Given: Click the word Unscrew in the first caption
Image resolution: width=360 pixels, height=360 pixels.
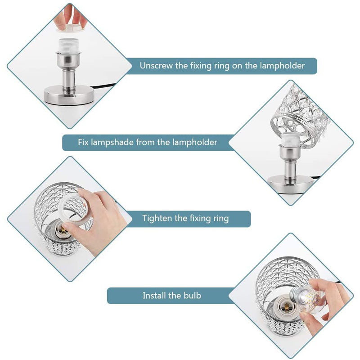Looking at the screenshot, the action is tap(156, 66).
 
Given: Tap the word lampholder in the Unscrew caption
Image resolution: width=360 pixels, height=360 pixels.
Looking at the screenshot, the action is tap(282, 66).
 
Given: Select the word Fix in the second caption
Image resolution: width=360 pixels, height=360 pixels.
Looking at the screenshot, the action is tap(83, 142).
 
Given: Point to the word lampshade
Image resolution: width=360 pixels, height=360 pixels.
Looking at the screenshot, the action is tap(112, 143).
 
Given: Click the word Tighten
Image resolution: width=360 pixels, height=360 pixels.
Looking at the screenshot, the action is tap(157, 218).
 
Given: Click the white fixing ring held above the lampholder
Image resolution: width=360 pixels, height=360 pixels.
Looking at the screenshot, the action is tap(70, 28).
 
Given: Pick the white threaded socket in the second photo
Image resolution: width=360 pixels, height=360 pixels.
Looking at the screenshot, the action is tap(290, 139).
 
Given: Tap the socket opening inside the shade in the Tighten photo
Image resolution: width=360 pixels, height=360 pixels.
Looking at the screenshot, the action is tap(61, 229).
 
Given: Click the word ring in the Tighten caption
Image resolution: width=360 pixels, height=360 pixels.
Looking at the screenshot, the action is tap(220, 219).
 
